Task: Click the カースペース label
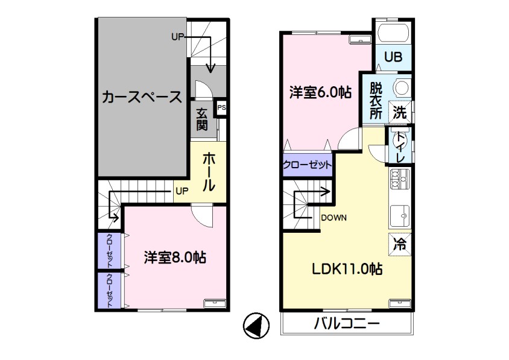click(142, 97)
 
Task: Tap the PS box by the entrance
click(221, 107)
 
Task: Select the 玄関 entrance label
click(201, 119)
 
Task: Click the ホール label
click(209, 172)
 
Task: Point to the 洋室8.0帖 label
click(175, 257)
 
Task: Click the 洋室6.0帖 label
click(320, 92)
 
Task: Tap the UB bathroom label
click(393, 57)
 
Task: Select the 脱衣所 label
click(376, 101)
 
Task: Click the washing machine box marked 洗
click(400, 112)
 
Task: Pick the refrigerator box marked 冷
click(400, 244)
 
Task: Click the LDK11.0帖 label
click(347, 269)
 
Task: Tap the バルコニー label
click(346, 324)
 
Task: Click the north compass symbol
click(256, 326)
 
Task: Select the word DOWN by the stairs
click(334, 218)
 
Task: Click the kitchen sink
click(400, 216)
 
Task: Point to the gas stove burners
click(400, 179)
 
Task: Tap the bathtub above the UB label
click(393, 33)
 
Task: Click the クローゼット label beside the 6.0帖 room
click(307, 165)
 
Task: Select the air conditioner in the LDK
click(400, 303)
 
